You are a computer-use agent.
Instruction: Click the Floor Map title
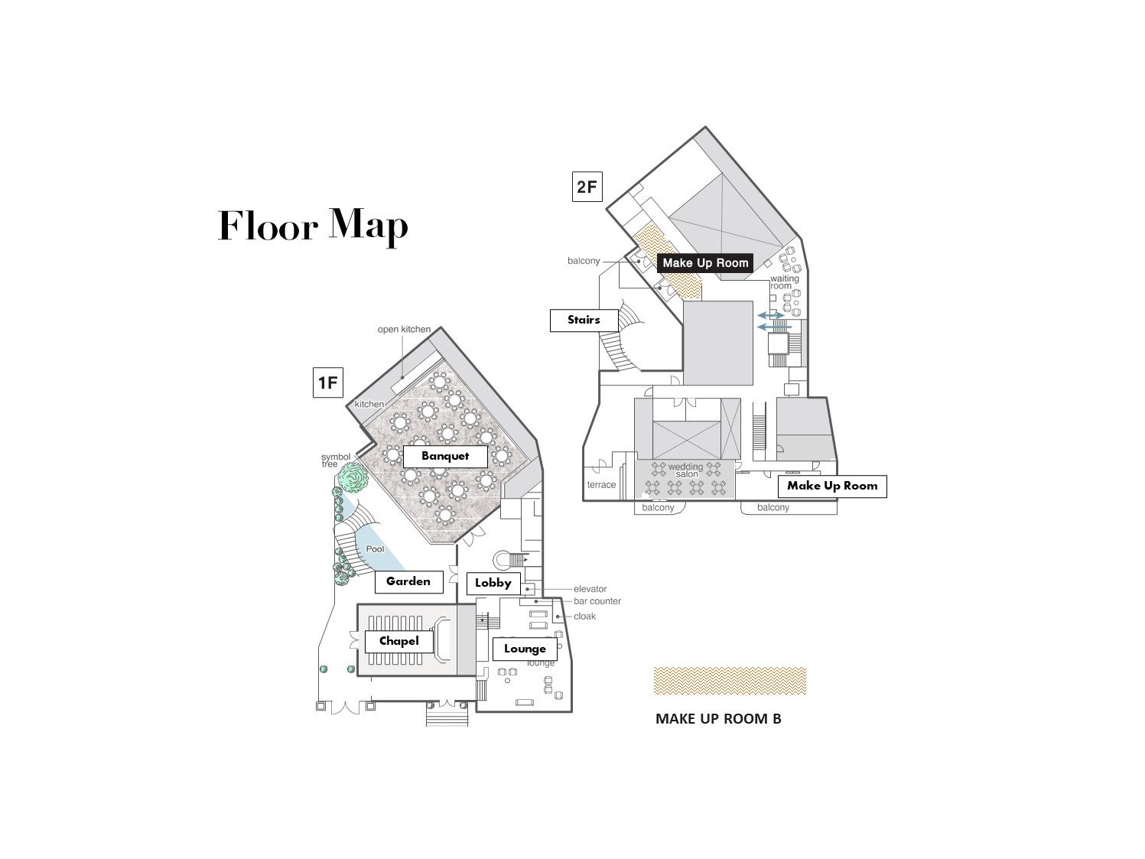(313, 226)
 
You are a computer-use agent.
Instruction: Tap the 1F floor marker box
(327, 382)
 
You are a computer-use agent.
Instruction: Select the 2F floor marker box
(587, 186)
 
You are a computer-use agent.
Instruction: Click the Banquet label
(445, 456)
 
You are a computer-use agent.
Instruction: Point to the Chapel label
(399, 641)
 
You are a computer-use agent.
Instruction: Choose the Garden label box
(408, 581)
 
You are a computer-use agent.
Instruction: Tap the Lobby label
(493, 583)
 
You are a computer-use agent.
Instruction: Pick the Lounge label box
(525, 649)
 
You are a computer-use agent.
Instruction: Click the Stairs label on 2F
(584, 320)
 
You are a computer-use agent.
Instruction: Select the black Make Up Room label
(705, 263)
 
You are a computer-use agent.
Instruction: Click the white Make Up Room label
(832, 486)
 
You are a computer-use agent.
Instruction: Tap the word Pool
(375, 548)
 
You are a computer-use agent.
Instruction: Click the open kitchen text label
(405, 329)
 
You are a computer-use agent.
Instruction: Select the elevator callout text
(590, 589)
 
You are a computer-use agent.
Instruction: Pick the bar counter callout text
(597, 600)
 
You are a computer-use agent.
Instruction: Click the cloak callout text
(585, 616)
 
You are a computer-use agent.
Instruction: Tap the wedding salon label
(685, 470)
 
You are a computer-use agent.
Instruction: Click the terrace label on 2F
(601, 484)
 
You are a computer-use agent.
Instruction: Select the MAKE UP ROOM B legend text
(718, 719)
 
